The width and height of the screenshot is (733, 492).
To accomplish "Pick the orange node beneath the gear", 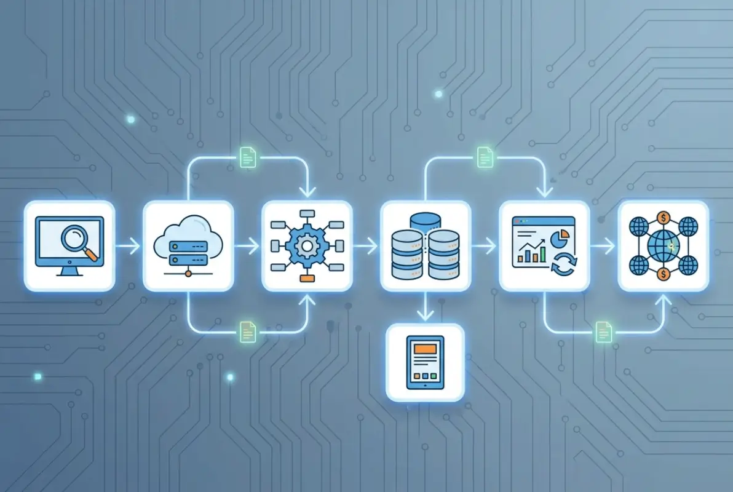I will (306, 278).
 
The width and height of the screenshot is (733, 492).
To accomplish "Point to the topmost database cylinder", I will (426, 220).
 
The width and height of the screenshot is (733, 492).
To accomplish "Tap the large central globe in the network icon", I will (663, 246).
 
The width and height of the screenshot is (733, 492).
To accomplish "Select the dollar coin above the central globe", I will (663, 217).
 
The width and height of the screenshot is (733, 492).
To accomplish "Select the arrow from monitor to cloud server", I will (129, 247).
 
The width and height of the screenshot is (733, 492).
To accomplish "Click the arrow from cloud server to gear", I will (247, 247).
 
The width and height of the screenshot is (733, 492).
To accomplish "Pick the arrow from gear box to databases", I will (366, 247).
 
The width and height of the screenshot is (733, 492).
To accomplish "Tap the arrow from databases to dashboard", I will (485, 247).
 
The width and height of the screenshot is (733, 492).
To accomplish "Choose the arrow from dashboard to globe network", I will (603, 247).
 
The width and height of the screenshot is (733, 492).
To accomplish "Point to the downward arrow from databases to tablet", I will (425, 307).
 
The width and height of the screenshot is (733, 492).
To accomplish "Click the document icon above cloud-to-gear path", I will (247, 157).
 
